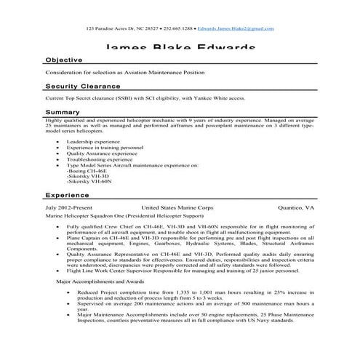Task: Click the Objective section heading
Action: pos(64,60)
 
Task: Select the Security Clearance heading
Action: pos(82,85)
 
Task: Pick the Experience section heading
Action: pos(68,196)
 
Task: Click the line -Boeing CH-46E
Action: pos(86,171)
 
